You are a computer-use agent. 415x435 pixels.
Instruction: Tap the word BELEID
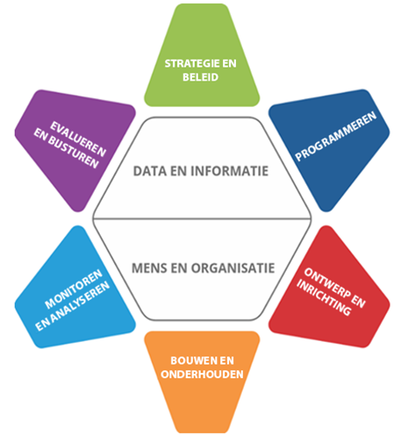coord(201,77)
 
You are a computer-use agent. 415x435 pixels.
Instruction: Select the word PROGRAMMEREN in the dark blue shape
coord(336,136)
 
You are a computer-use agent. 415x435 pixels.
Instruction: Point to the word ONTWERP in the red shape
coord(327,283)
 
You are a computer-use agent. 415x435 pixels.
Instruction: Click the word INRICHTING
coord(324,297)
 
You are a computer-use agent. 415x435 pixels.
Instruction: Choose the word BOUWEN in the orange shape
coord(190,360)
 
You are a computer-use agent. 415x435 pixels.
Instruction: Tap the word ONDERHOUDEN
coord(202,374)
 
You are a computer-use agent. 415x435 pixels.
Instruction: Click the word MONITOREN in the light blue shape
coord(74,289)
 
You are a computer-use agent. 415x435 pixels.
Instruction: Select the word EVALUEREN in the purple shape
coord(78,139)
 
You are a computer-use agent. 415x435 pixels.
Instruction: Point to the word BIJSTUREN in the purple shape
coord(73,153)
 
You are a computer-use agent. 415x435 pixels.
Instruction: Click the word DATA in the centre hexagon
coord(150,171)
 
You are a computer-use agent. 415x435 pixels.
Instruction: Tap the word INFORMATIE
coord(229,171)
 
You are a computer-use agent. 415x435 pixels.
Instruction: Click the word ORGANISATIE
coord(233,268)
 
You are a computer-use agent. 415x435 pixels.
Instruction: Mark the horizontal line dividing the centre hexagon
coord(202,218)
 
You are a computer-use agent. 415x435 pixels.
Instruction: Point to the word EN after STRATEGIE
coord(227,63)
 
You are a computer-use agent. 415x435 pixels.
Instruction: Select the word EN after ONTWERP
coord(358,302)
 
